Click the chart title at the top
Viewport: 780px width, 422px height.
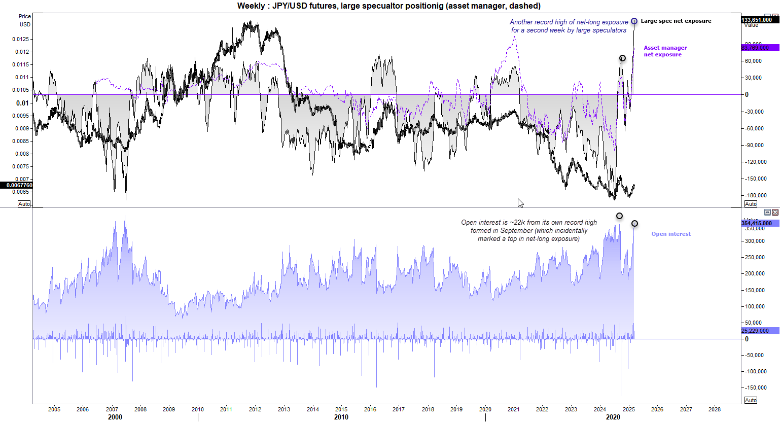click(x=389, y=6)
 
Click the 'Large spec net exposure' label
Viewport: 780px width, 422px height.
click(x=676, y=21)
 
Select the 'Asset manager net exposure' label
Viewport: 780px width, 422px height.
click(x=665, y=51)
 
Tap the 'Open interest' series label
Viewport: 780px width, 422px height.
click(x=671, y=234)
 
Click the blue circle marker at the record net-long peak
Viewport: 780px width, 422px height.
click(x=634, y=21)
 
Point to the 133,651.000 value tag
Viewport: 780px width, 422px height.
click(x=759, y=20)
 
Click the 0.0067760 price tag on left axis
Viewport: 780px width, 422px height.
click(x=17, y=185)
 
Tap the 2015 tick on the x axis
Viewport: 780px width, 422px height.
click(x=341, y=409)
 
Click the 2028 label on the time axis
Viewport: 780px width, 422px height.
click(x=714, y=409)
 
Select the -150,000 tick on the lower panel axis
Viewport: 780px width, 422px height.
click(x=754, y=388)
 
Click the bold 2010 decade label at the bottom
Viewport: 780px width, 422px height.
click(x=341, y=417)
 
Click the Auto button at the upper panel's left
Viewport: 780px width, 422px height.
click(x=24, y=204)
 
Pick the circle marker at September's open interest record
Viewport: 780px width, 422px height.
click(x=619, y=216)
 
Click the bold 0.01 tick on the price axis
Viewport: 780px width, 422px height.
click(x=22, y=103)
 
